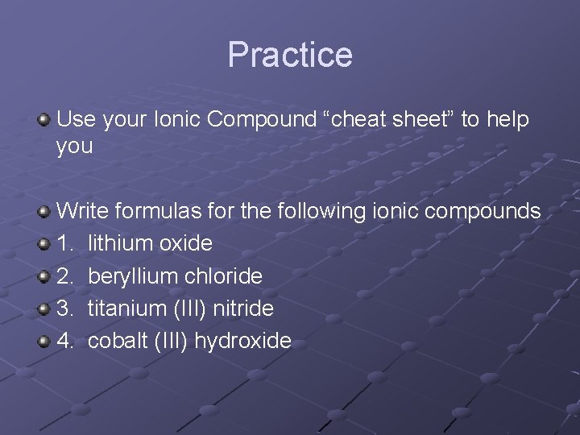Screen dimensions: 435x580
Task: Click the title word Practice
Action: click(x=290, y=55)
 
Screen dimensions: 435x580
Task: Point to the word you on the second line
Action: click(x=75, y=147)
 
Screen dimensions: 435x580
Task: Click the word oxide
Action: click(x=186, y=243)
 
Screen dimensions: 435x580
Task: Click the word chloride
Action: click(x=223, y=275)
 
